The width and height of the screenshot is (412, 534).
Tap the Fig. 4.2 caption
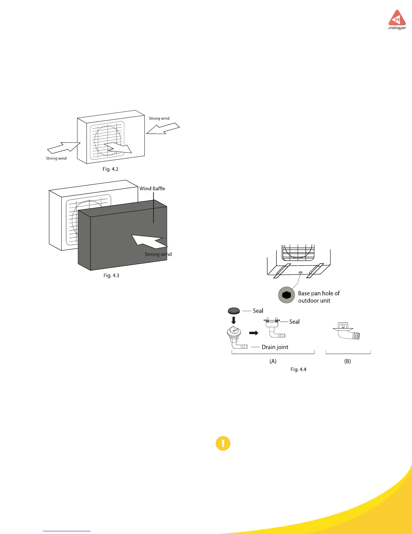(x=110, y=169)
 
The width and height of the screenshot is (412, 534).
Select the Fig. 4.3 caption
(x=111, y=276)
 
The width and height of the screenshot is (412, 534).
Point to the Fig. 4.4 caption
(x=298, y=369)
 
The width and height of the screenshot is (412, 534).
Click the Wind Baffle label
(x=152, y=189)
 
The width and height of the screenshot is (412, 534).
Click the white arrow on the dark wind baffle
(x=148, y=241)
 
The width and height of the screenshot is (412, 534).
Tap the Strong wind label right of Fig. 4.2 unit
(x=159, y=119)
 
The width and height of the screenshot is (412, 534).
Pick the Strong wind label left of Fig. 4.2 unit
(x=56, y=158)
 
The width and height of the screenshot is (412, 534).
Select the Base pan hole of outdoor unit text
(x=318, y=297)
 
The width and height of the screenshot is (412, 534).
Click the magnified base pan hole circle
(x=286, y=295)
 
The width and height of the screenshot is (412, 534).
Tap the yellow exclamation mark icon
(x=223, y=443)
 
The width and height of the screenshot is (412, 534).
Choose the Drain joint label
(x=275, y=347)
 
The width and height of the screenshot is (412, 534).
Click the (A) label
(x=273, y=361)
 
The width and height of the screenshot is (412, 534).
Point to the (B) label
(x=347, y=361)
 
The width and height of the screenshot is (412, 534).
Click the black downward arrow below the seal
(x=234, y=320)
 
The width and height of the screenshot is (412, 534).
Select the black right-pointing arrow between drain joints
(x=253, y=333)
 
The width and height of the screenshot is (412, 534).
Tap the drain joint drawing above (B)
(x=347, y=331)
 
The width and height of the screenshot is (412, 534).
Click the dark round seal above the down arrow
(x=234, y=311)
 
